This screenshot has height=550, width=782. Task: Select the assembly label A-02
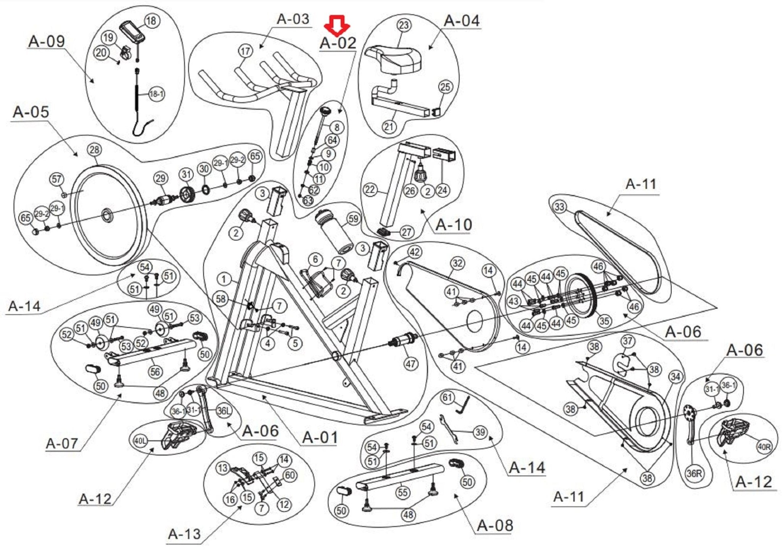(x=338, y=43)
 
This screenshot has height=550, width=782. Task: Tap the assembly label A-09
(x=47, y=41)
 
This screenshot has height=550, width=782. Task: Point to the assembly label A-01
(x=320, y=437)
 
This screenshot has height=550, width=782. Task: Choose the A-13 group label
(x=184, y=534)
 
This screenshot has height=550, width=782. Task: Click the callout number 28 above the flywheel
(x=94, y=150)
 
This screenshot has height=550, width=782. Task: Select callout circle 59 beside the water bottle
(x=354, y=219)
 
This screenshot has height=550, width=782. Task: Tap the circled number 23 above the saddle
(x=404, y=25)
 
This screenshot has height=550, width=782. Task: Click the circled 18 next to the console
(x=152, y=21)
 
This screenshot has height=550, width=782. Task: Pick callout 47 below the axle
(x=410, y=364)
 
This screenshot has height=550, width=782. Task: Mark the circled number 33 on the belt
(x=559, y=207)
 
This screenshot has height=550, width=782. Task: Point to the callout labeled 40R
(x=764, y=447)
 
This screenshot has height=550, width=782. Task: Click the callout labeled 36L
(x=224, y=411)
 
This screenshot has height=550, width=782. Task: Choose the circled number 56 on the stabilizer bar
(x=155, y=371)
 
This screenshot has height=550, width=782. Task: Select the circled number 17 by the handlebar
(x=246, y=51)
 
